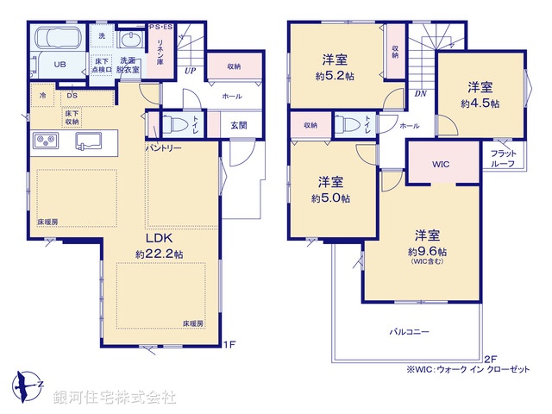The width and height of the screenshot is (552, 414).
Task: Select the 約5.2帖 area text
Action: tap(336, 75)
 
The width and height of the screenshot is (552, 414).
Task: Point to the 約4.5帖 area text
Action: tap(480, 103)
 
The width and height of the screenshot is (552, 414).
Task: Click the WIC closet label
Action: tap(441, 164)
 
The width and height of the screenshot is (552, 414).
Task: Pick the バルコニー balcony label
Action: tap(409, 331)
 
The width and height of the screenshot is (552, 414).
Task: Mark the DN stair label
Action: tap(420, 92)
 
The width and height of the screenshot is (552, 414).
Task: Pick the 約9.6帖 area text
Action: tap(427, 251)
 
